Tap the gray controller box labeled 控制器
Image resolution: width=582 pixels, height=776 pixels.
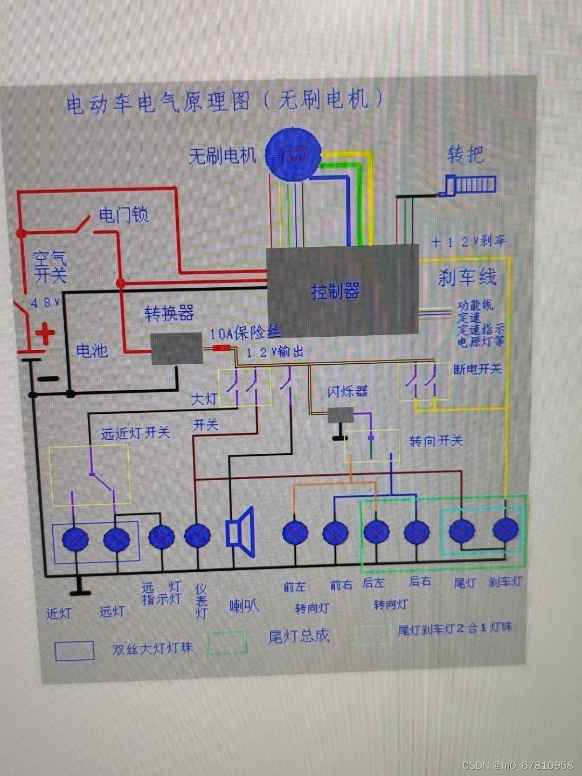click(x=343, y=291)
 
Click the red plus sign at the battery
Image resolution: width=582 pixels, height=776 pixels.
click(x=45, y=334)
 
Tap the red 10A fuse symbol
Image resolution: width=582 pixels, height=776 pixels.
click(x=220, y=348)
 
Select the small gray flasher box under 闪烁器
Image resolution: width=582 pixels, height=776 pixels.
click(x=341, y=415)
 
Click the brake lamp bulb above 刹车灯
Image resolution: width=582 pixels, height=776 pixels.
click(x=505, y=529)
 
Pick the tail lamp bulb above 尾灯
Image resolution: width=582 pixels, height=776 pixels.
click(x=462, y=531)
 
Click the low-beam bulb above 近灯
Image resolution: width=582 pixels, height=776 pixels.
click(x=75, y=539)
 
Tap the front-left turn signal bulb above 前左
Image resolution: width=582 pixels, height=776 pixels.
click(x=295, y=533)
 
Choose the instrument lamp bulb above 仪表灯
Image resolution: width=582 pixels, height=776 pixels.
click(x=197, y=536)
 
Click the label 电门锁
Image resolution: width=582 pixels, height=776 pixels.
click(x=123, y=215)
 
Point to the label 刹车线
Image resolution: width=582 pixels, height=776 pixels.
click(x=467, y=278)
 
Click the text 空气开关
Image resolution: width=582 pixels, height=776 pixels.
click(x=50, y=266)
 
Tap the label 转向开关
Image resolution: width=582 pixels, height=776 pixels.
click(x=435, y=441)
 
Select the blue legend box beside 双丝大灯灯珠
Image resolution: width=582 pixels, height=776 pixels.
click(x=75, y=650)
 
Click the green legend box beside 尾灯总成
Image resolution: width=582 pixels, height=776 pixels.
click(x=227, y=642)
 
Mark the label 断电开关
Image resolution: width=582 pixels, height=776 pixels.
click(x=477, y=369)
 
